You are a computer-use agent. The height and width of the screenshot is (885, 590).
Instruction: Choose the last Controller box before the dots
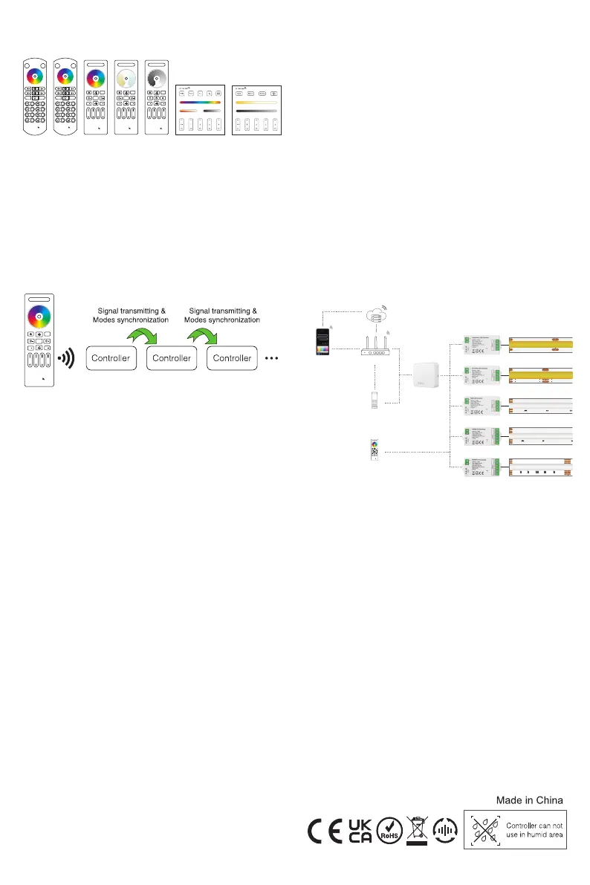click(233, 357)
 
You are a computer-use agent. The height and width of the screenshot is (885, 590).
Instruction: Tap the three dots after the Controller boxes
click(271, 358)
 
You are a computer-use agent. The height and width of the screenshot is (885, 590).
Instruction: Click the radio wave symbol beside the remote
click(67, 357)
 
